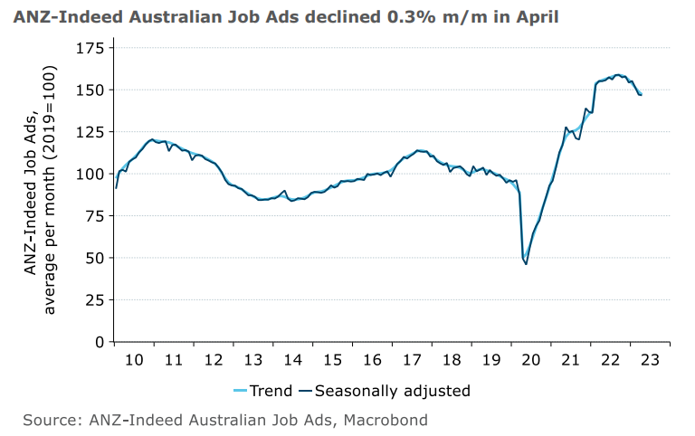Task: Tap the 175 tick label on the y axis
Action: [x=88, y=48]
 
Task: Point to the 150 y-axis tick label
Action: [x=88, y=90]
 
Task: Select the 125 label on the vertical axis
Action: [x=88, y=132]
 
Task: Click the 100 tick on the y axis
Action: [x=88, y=174]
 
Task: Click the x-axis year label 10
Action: [x=134, y=359]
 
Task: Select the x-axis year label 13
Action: [x=253, y=359]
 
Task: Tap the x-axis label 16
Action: [x=372, y=359]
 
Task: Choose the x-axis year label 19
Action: [x=491, y=359]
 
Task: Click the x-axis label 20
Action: [x=531, y=359]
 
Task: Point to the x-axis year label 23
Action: [x=650, y=359]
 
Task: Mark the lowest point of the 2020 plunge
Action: [x=526, y=263]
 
